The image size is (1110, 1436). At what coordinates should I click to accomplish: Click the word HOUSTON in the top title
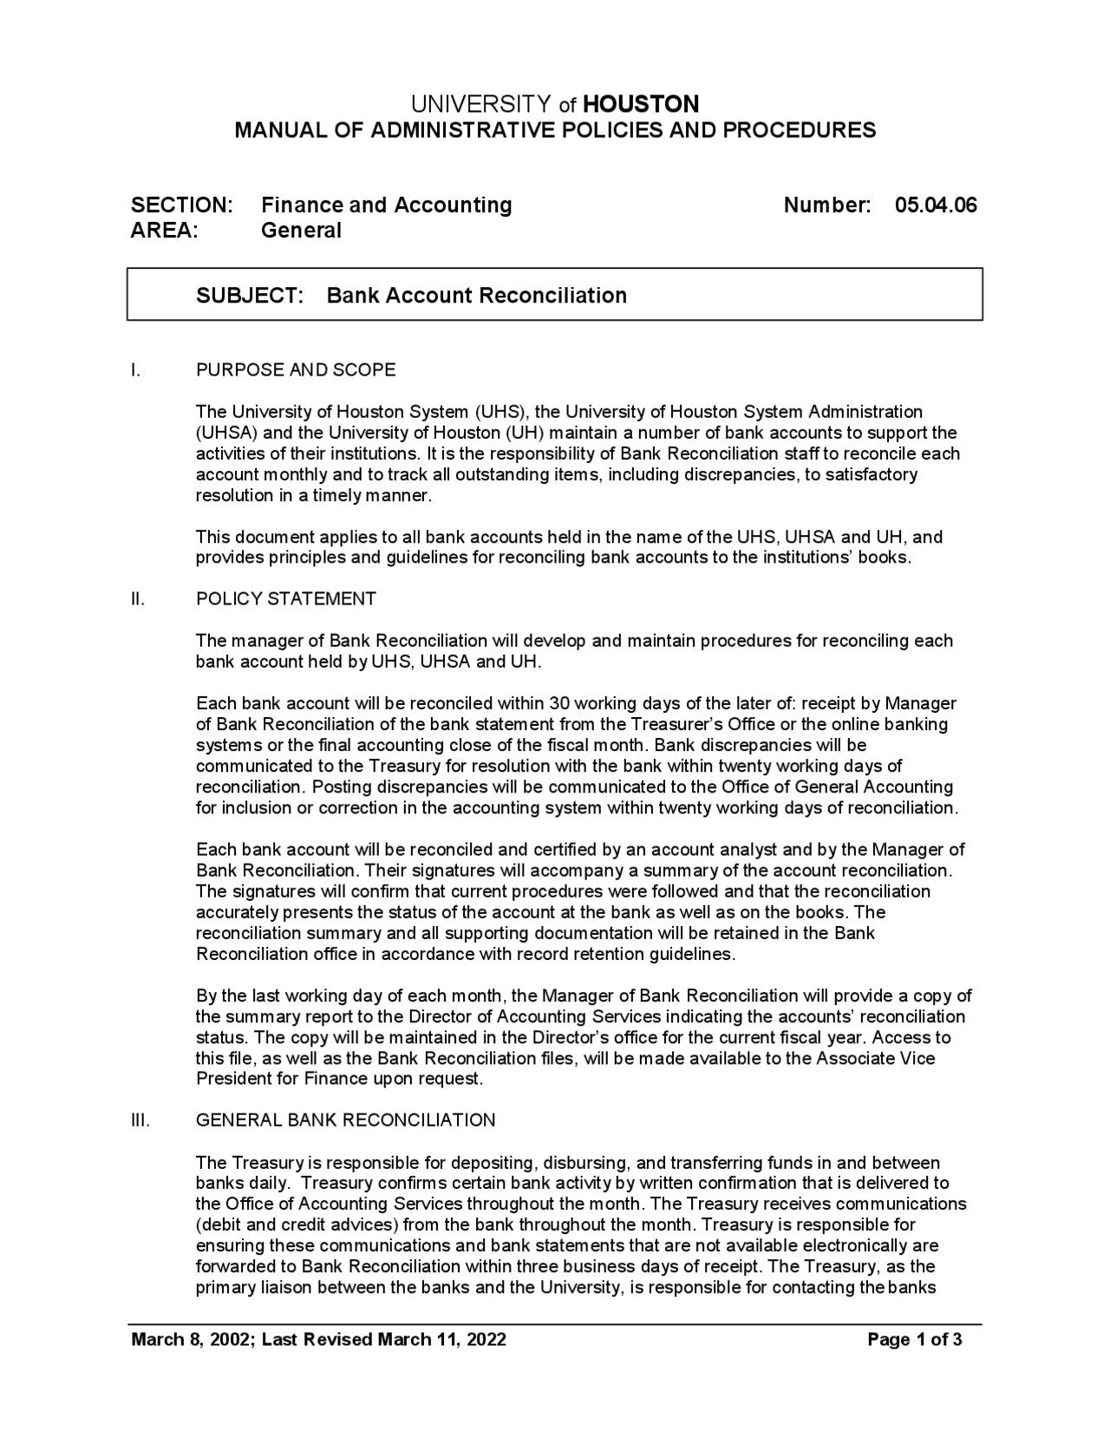click(641, 105)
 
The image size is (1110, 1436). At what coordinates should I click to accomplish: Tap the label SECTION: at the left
click(181, 206)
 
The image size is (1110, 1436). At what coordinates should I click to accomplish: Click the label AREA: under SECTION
click(164, 231)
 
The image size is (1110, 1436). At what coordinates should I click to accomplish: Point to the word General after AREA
click(301, 231)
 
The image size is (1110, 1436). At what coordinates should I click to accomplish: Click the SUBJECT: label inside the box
click(250, 296)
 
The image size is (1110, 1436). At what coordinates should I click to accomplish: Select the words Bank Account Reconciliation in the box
click(476, 296)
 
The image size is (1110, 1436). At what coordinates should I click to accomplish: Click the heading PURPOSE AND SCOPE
click(296, 370)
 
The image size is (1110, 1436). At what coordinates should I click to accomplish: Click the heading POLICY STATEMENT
click(286, 599)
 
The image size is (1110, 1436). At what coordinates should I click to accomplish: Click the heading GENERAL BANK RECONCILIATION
click(346, 1120)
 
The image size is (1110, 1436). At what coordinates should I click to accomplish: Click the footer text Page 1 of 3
click(915, 1340)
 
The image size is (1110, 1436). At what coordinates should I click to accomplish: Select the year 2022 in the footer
click(486, 1340)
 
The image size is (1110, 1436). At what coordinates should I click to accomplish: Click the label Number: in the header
click(827, 206)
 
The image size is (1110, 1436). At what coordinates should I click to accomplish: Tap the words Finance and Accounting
click(387, 206)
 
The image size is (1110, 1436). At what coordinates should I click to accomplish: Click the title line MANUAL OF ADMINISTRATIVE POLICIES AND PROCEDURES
click(555, 131)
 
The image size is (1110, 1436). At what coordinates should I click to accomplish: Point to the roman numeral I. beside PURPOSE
click(135, 370)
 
